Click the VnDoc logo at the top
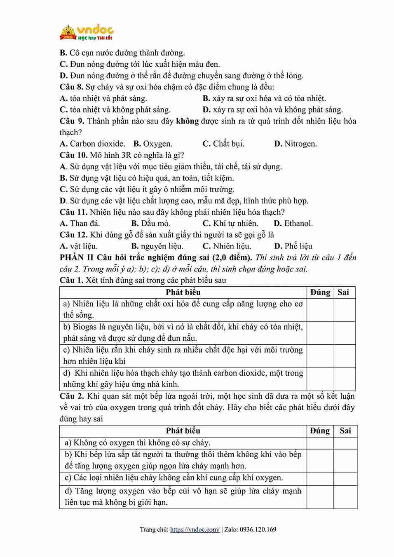[87, 33]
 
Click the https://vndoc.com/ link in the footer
[195, 529]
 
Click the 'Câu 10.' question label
[73, 155]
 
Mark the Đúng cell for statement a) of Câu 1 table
[320, 310]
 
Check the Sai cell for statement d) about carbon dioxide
[344, 379]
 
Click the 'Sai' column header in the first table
[343, 293]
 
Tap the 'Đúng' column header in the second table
[320, 431]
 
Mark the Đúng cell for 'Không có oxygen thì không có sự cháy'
[320, 443]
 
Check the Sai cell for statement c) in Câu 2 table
[345, 478]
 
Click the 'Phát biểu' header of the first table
[183, 293]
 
